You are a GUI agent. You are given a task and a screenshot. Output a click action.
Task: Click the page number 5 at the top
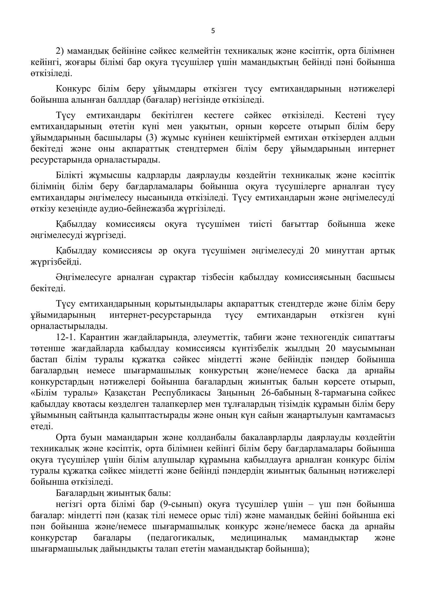click(213, 31)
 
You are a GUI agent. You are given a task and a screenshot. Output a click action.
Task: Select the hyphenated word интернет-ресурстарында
click(160, 315)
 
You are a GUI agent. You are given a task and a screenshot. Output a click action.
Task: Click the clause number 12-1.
click(65, 337)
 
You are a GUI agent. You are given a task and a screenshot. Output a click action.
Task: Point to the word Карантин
click(98, 337)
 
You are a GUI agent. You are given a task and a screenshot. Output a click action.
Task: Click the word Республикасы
click(181, 393)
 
